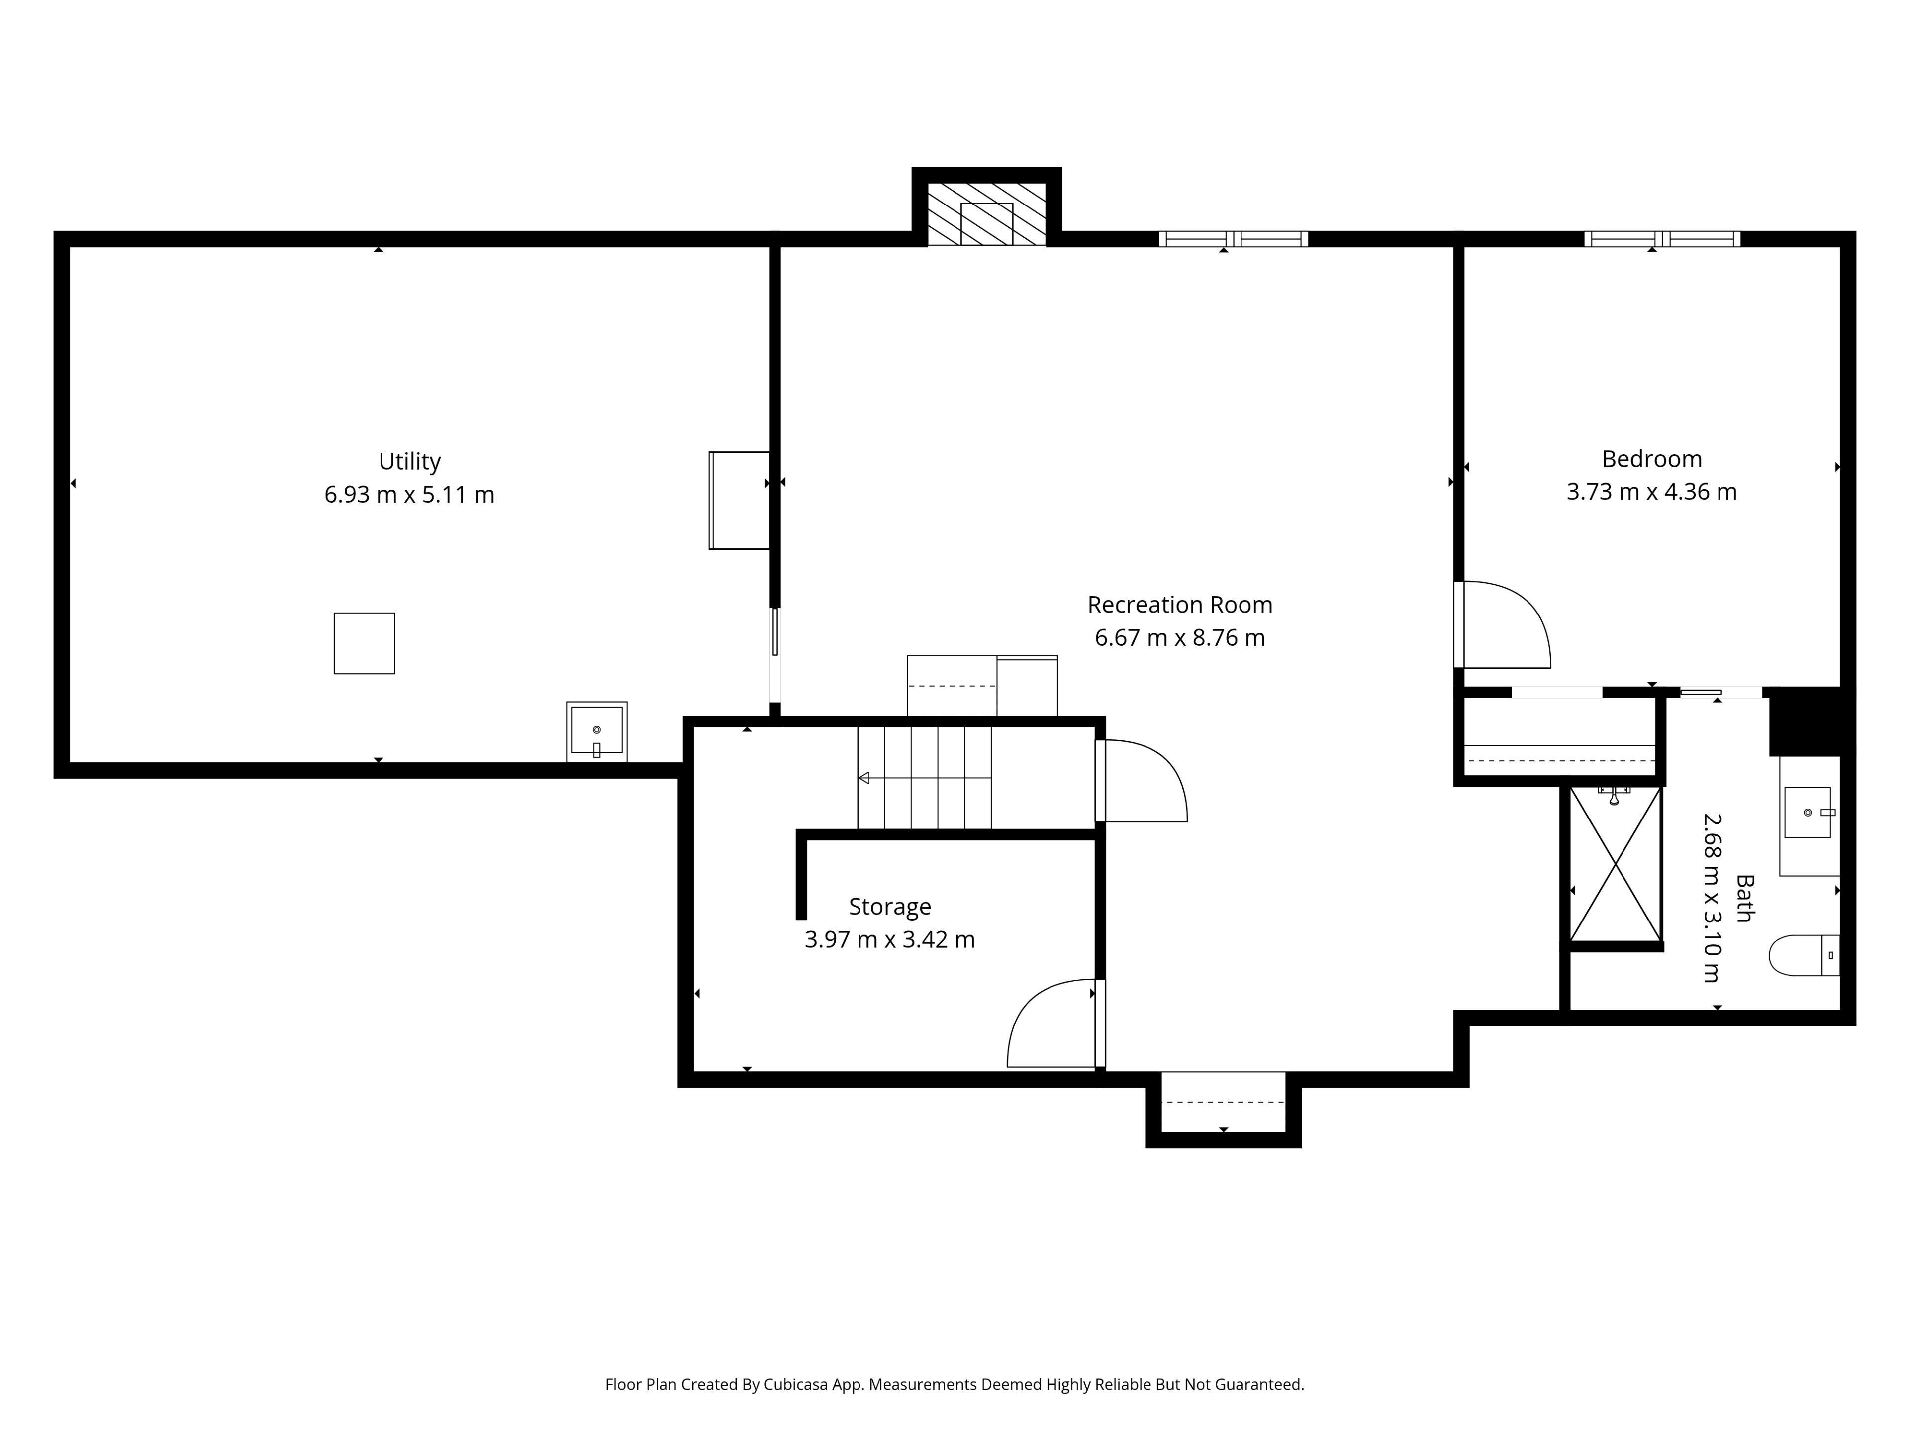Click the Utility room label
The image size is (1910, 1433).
[x=409, y=462]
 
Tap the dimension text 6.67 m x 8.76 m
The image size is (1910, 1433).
[x=1179, y=637]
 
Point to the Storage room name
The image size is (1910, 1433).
[x=889, y=907]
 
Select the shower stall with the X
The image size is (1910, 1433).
[x=1615, y=864]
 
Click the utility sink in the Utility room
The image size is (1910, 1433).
[x=597, y=731]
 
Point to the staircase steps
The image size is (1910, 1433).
[x=924, y=777]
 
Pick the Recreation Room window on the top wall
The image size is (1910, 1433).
[x=1233, y=239]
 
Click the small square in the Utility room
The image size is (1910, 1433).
[x=365, y=643]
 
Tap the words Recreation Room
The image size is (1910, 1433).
[x=1179, y=605]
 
